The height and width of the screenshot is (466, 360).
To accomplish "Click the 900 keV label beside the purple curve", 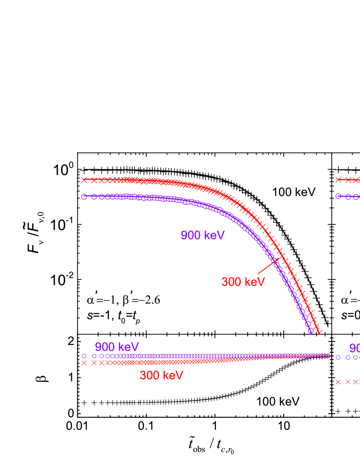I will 203,235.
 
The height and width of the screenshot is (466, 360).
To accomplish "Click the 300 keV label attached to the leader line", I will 243,282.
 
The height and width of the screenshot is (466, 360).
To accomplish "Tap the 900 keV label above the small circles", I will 117,347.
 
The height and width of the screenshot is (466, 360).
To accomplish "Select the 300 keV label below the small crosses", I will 161,375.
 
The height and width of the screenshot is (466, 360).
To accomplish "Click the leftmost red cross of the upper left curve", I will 84,180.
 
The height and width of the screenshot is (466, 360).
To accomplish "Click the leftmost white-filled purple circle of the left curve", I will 84,196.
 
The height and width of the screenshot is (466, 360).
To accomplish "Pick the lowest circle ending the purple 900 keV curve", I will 311,331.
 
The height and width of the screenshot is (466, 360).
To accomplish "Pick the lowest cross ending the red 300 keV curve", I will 319,332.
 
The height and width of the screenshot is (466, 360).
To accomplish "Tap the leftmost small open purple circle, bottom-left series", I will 84,356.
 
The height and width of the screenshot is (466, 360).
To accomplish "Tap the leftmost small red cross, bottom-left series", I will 84,363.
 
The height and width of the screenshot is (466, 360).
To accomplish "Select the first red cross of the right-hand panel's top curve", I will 338,179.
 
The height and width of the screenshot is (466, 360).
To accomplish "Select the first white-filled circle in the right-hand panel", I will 338,196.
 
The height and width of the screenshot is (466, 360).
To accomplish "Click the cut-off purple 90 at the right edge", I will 354,349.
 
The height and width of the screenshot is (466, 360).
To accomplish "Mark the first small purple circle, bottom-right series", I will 338,357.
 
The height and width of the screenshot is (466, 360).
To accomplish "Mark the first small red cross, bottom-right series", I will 338,382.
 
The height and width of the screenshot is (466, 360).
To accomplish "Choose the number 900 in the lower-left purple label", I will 105,347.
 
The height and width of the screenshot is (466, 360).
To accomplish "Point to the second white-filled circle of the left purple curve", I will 94,197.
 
